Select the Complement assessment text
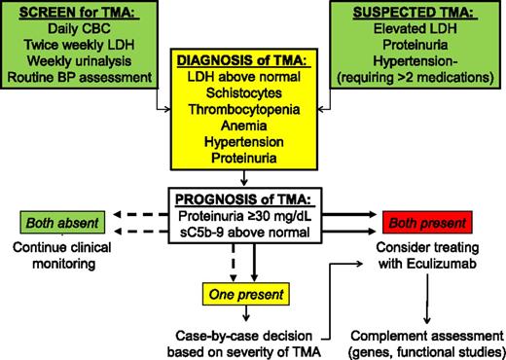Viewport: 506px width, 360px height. [x=423, y=329]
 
